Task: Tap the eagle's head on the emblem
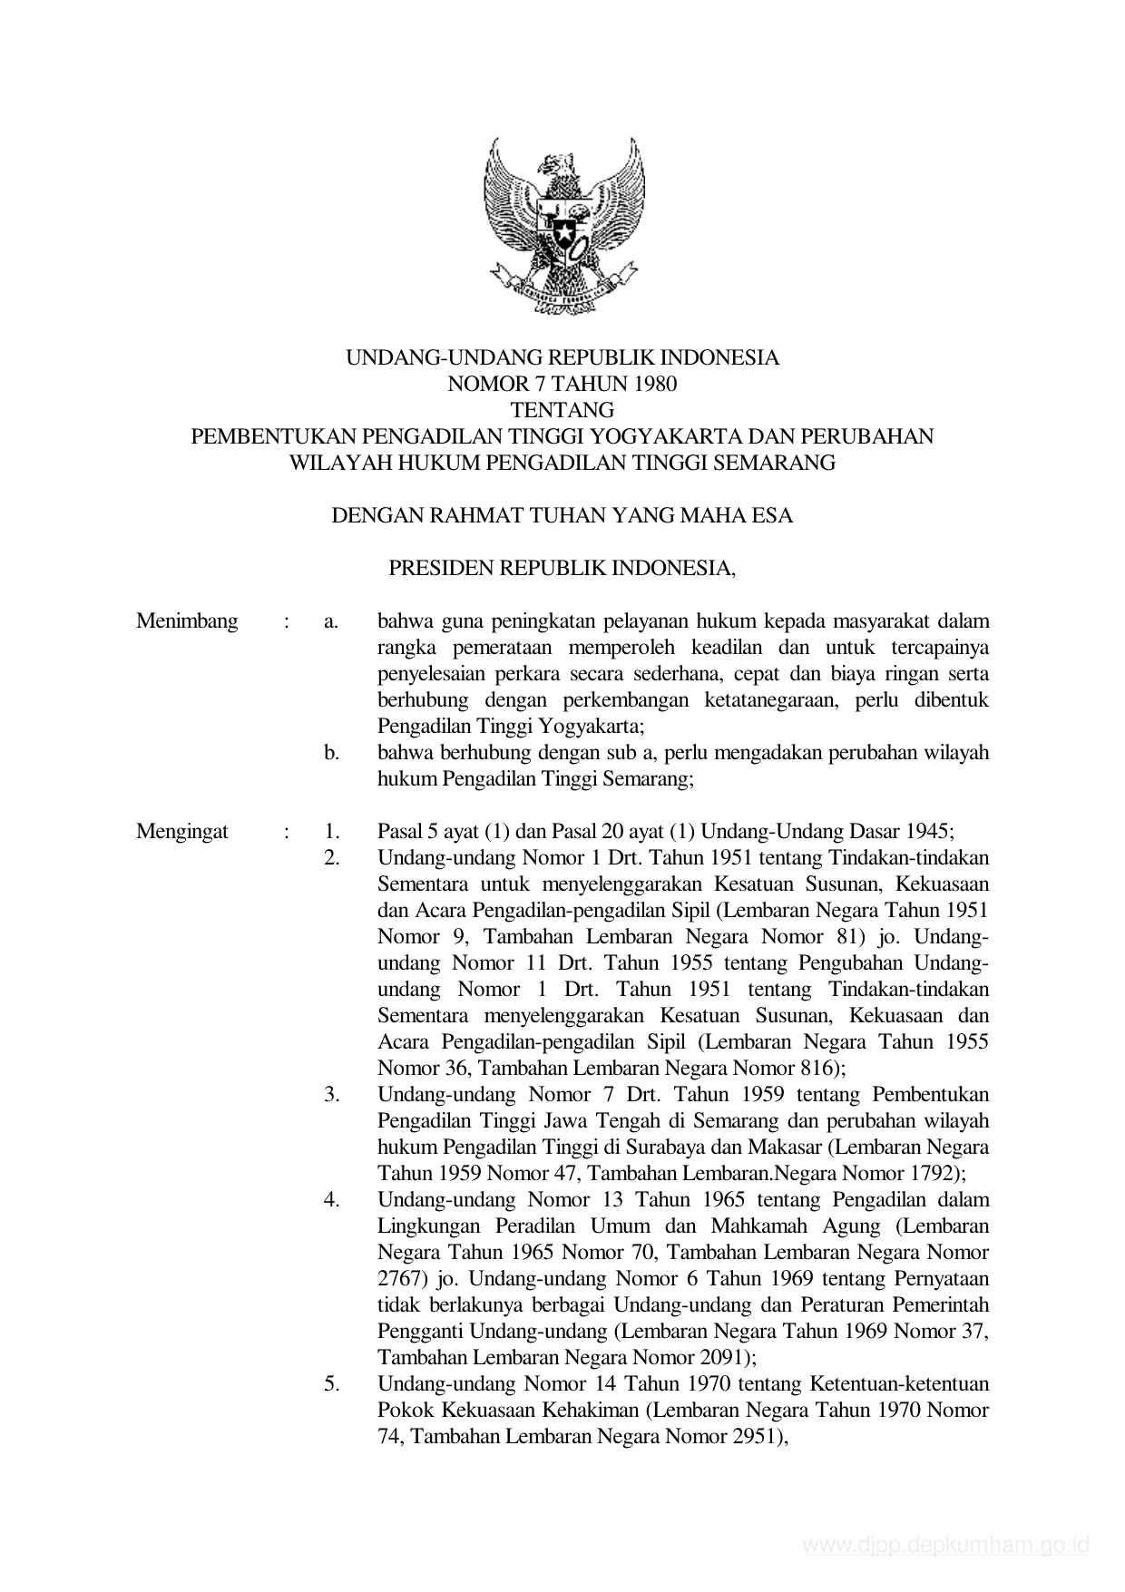(567, 166)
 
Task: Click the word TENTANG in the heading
(562, 410)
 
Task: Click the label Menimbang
(187, 621)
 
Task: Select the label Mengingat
(182, 832)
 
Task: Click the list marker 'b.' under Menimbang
(331, 753)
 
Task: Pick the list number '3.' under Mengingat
(331, 1095)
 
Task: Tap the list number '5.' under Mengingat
(331, 1384)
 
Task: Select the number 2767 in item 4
(398, 1279)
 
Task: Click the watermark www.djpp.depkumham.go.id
(945, 1545)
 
